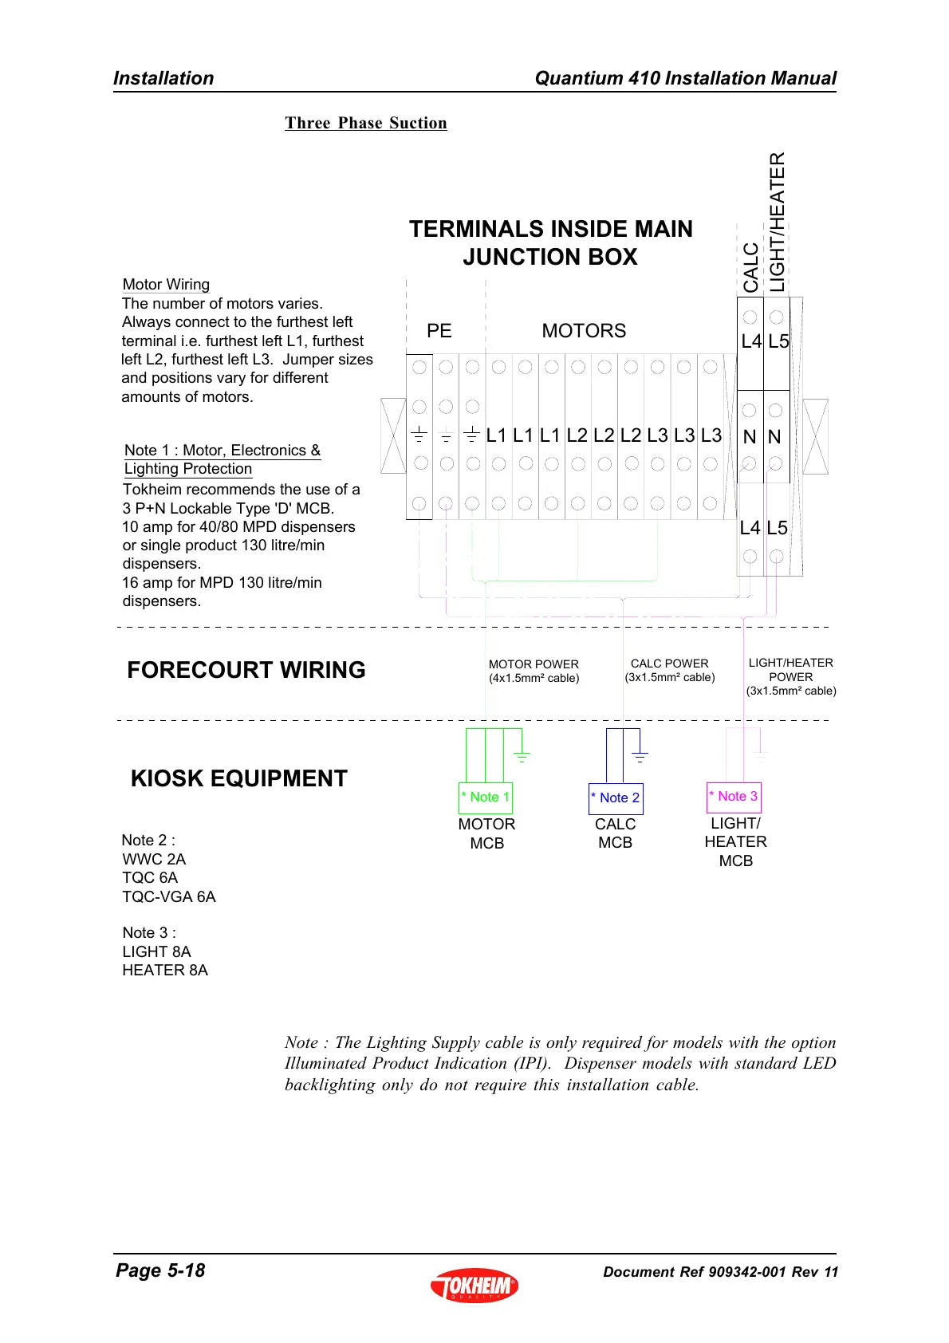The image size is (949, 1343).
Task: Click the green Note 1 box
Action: tap(485, 797)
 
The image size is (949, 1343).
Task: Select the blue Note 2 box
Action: tap(616, 798)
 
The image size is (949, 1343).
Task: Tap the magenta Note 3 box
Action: tap(734, 796)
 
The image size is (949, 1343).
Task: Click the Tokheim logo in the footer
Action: tap(475, 1285)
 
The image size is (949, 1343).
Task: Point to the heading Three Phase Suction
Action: tap(366, 123)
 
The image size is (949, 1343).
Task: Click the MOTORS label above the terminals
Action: tap(584, 331)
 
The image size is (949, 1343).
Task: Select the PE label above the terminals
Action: tap(439, 331)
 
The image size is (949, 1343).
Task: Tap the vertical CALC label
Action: tap(750, 268)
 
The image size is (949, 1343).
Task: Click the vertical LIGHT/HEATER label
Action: tap(777, 223)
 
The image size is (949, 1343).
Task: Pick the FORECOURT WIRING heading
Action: tap(246, 670)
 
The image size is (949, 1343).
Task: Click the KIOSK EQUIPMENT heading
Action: tap(239, 778)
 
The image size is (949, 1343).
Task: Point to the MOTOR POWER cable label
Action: tap(534, 671)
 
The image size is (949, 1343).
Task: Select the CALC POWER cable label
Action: tap(670, 670)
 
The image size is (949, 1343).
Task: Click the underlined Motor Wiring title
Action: tap(166, 285)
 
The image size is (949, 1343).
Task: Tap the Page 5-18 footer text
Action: tap(160, 1270)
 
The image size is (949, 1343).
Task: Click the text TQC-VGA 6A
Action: tap(169, 896)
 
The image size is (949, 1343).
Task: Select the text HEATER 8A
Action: tap(165, 970)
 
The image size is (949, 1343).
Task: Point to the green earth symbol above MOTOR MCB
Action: tap(522, 756)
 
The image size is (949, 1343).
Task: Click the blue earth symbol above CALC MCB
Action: tap(640, 756)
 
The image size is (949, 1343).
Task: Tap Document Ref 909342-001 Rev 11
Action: tap(720, 1272)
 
